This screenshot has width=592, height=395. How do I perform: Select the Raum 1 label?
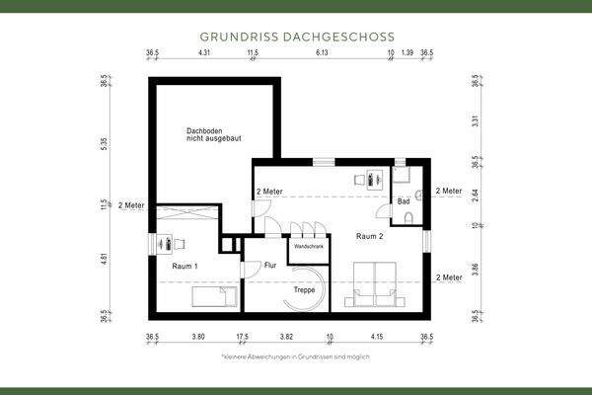tap(185, 267)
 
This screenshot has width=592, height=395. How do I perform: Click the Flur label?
tap(270, 266)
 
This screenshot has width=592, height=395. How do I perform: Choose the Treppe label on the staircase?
tap(305, 290)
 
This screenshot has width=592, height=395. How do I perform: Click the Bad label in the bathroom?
tap(404, 201)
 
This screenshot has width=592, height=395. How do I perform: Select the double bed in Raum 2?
tap(377, 281)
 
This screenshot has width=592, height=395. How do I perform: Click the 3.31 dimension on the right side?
tap(475, 122)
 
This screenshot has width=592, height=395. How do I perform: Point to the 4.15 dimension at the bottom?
tap(377, 337)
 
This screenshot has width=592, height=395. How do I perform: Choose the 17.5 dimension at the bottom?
tap(243, 337)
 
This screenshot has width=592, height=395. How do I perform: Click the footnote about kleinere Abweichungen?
tap(295, 355)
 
